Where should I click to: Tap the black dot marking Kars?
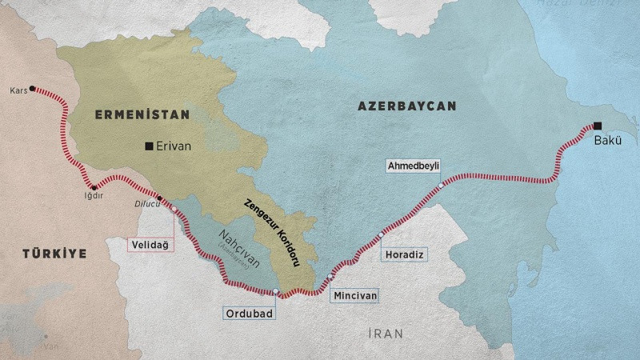click(x=32, y=89)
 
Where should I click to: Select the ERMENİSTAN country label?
click(x=142, y=114)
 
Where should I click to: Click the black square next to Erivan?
click(x=149, y=146)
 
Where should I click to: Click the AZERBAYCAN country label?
click(x=406, y=106)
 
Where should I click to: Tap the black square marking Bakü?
click(x=598, y=125)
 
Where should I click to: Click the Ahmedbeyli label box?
click(x=413, y=166)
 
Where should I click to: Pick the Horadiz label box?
click(x=404, y=254)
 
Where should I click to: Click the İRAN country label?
click(x=385, y=333)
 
